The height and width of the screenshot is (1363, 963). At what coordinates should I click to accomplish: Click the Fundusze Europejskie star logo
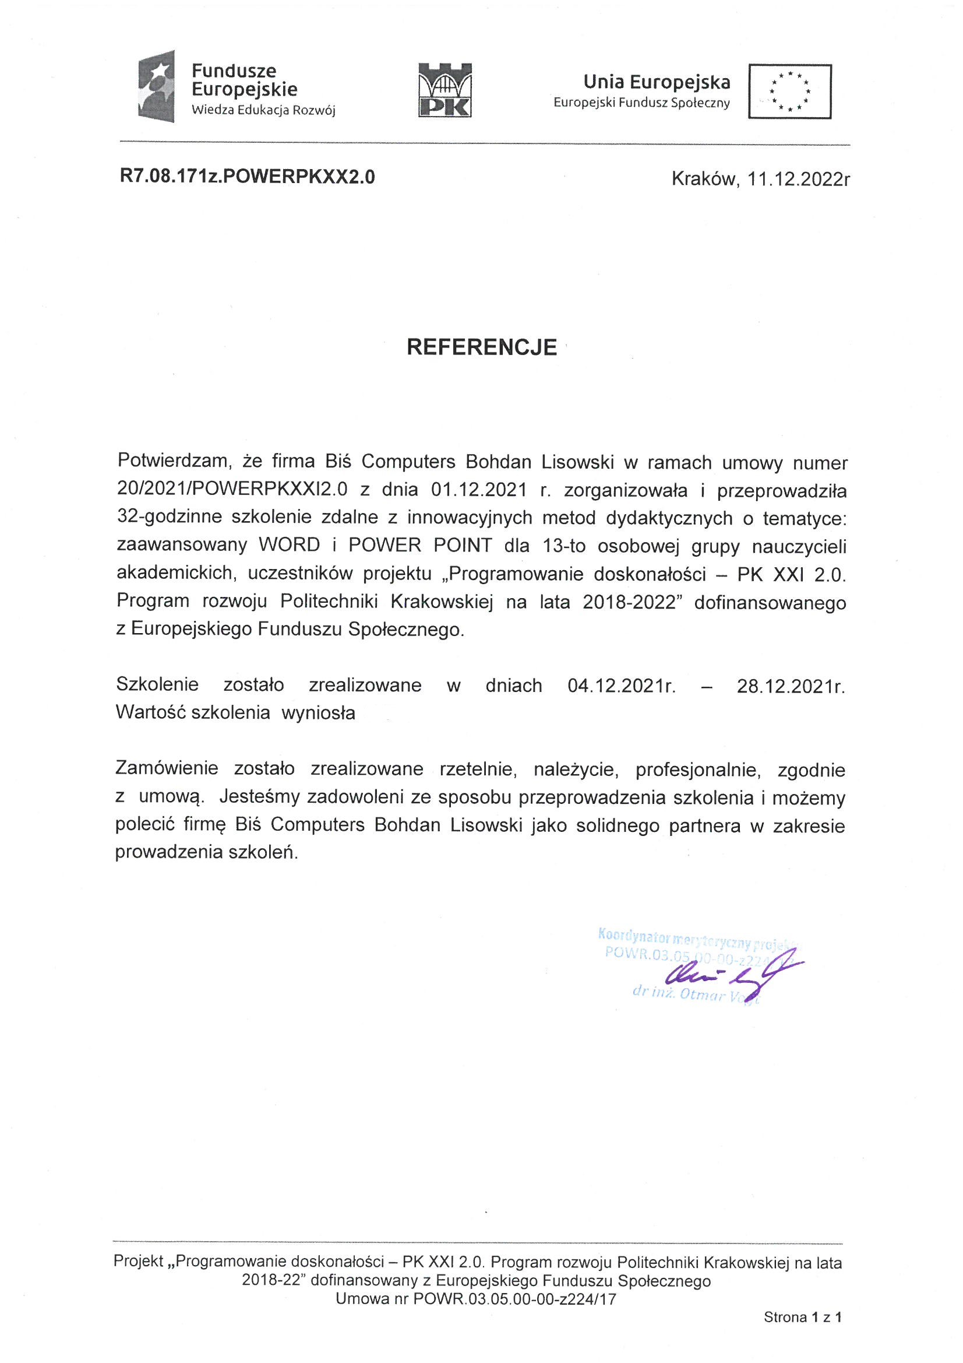coord(156,86)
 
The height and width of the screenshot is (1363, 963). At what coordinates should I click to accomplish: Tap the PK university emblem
coord(445,90)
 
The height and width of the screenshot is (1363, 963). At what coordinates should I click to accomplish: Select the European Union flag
coord(789,92)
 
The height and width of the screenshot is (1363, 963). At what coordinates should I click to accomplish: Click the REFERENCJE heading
coord(481,347)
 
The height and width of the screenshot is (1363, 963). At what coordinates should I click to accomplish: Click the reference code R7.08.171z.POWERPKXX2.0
coord(248,177)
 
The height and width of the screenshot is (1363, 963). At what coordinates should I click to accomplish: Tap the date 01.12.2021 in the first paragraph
coord(479,489)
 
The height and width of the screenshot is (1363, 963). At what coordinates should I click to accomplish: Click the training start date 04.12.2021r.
coord(621,686)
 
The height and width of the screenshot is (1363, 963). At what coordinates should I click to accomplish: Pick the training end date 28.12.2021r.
coord(791,686)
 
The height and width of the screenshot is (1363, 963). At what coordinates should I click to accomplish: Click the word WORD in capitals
coord(289,545)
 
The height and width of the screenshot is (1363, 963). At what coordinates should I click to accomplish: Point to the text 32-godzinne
coord(168,517)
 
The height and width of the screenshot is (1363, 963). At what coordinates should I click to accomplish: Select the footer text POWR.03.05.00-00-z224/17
coord(514,1299)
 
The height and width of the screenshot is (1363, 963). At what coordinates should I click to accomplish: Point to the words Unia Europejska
coord(656,82)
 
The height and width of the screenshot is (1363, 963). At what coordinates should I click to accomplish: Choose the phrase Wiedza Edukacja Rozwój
coord(263,110)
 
